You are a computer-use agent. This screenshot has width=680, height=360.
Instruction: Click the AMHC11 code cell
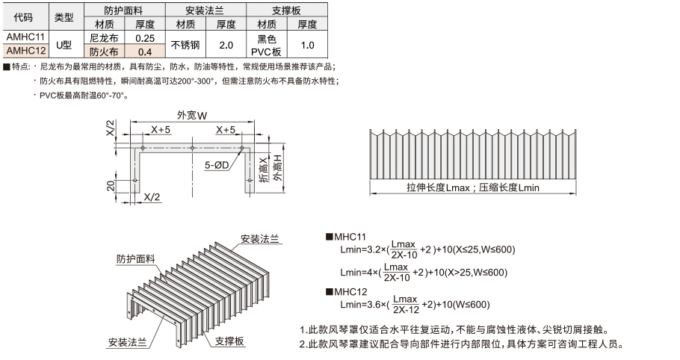click(x=25, y=37)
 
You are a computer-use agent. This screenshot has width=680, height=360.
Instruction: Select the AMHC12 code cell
click(x=25, y=51)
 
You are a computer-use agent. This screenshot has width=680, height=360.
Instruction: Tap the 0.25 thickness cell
click(x=145, y=37)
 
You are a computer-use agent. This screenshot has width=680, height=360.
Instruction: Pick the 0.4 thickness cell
click(x=145, y=52)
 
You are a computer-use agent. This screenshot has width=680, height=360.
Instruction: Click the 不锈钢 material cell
click(x=185, y=45)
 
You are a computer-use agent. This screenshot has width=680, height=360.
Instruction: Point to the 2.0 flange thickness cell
click(x=226, y=45)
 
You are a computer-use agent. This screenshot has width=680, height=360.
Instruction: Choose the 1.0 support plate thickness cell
click(x=307, y=45)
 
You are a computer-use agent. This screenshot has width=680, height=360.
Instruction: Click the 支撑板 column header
click(x=287, y=10)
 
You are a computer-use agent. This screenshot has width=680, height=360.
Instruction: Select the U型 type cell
click(x=64, y=45)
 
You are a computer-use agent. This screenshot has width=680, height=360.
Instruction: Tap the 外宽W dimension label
click(x=192, y=115)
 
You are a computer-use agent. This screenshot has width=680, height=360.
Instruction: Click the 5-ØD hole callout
click(x=217, y=165)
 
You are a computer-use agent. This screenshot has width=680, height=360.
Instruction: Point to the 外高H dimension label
click(x=277, y=167)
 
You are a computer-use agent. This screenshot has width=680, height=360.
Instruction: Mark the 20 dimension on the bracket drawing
click(x=111, y=186)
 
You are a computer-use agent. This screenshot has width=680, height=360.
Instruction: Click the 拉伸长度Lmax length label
click(x=438, y=187)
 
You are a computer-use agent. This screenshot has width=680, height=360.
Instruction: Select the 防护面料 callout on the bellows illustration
click(x=136, y=258)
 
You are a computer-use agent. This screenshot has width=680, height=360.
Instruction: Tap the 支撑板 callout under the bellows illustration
click(x=229, y=341)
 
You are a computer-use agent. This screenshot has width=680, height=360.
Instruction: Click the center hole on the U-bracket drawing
click(x=192, y=148)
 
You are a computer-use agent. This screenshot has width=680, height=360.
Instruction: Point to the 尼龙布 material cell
click(x=104, y=37)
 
